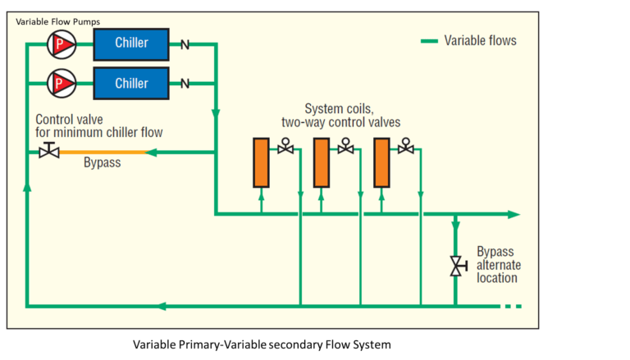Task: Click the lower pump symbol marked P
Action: click(x=62, y=82)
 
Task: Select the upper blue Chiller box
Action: click(x=131, y=43)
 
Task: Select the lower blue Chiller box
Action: click(x=131, y=83)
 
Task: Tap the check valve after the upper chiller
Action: click(x=185, y=43)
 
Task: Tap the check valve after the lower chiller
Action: click(x=185, y=83)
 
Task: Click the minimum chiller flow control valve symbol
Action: click(x=48, y=151)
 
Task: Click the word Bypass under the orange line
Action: click(x=103, y=163)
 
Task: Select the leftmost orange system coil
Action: click(x=261, y=163)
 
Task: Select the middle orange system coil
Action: click(x=321, y=163)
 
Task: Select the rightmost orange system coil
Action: click(x=381, y=163)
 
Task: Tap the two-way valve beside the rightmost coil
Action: click(x=406, y=148)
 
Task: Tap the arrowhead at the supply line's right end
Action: click(x=514, y=214)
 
